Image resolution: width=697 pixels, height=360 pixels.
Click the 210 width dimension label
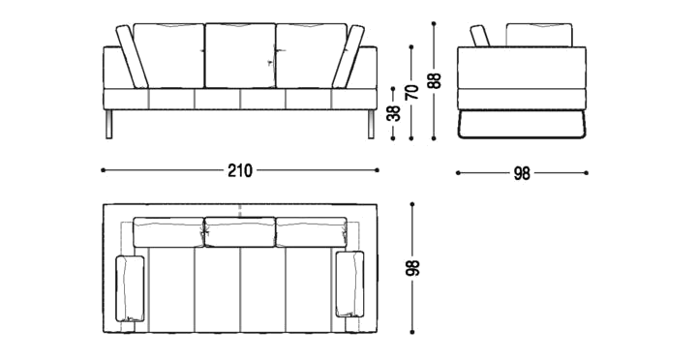coord(240,170)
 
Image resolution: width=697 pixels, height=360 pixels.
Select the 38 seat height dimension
coord(394,113)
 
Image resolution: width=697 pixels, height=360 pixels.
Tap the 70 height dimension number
coord(412,92)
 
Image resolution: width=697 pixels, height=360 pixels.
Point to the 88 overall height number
coord(435,80)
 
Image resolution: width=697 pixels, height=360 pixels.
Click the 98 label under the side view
coord(522,173)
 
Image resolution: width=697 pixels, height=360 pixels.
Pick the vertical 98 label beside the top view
coord(413,267)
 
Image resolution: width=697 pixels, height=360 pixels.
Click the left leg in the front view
coord(109,124)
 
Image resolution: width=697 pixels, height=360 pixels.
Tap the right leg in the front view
coord(371,124)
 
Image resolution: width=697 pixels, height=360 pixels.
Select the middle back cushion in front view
coord(240,55)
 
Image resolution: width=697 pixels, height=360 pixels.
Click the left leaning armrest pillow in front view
coord(132,56)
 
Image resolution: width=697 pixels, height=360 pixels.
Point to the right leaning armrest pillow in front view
coord(348,56)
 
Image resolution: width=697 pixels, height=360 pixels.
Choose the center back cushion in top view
coord(240,232)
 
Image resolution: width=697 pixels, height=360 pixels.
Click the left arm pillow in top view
coord(130,288)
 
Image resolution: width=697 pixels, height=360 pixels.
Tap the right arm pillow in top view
coord(349,284)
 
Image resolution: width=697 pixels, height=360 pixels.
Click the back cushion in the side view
coord(539,35)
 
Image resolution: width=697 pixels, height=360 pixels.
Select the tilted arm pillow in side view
coord(480,36)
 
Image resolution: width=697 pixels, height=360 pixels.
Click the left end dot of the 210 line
coord(104,169)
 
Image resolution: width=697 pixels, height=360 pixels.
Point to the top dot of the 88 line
coord(434,23)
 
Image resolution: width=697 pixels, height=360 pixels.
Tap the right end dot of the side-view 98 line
coord(587,173)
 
